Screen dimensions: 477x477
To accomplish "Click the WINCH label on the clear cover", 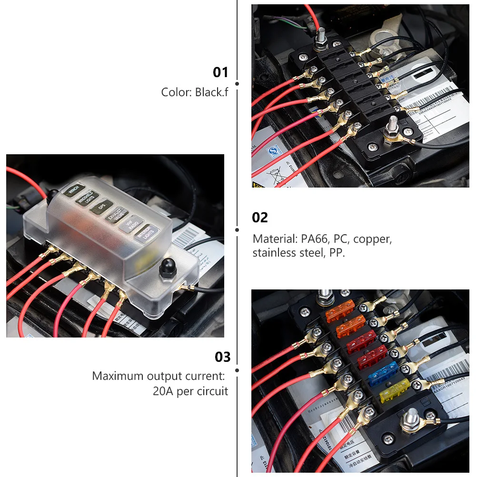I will pyautogui.click(x=74, y=190).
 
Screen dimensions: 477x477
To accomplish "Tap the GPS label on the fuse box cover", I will pyautogui.click(x=101, y=207).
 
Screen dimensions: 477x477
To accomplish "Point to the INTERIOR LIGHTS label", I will pyautogui.click(x=146, y=232).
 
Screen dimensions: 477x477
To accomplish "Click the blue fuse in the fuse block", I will pyautogui.click(x=383, y=373).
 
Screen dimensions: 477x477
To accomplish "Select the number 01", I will pyautogui.click(x=220, y=72).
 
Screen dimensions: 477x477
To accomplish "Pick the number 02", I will pyautogui.click(x=260, y=218).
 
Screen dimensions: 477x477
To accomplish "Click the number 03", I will pyautogui.click(x=222, y=357).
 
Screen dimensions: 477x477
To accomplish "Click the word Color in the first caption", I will pyautogui.click(x=176, y=92).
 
